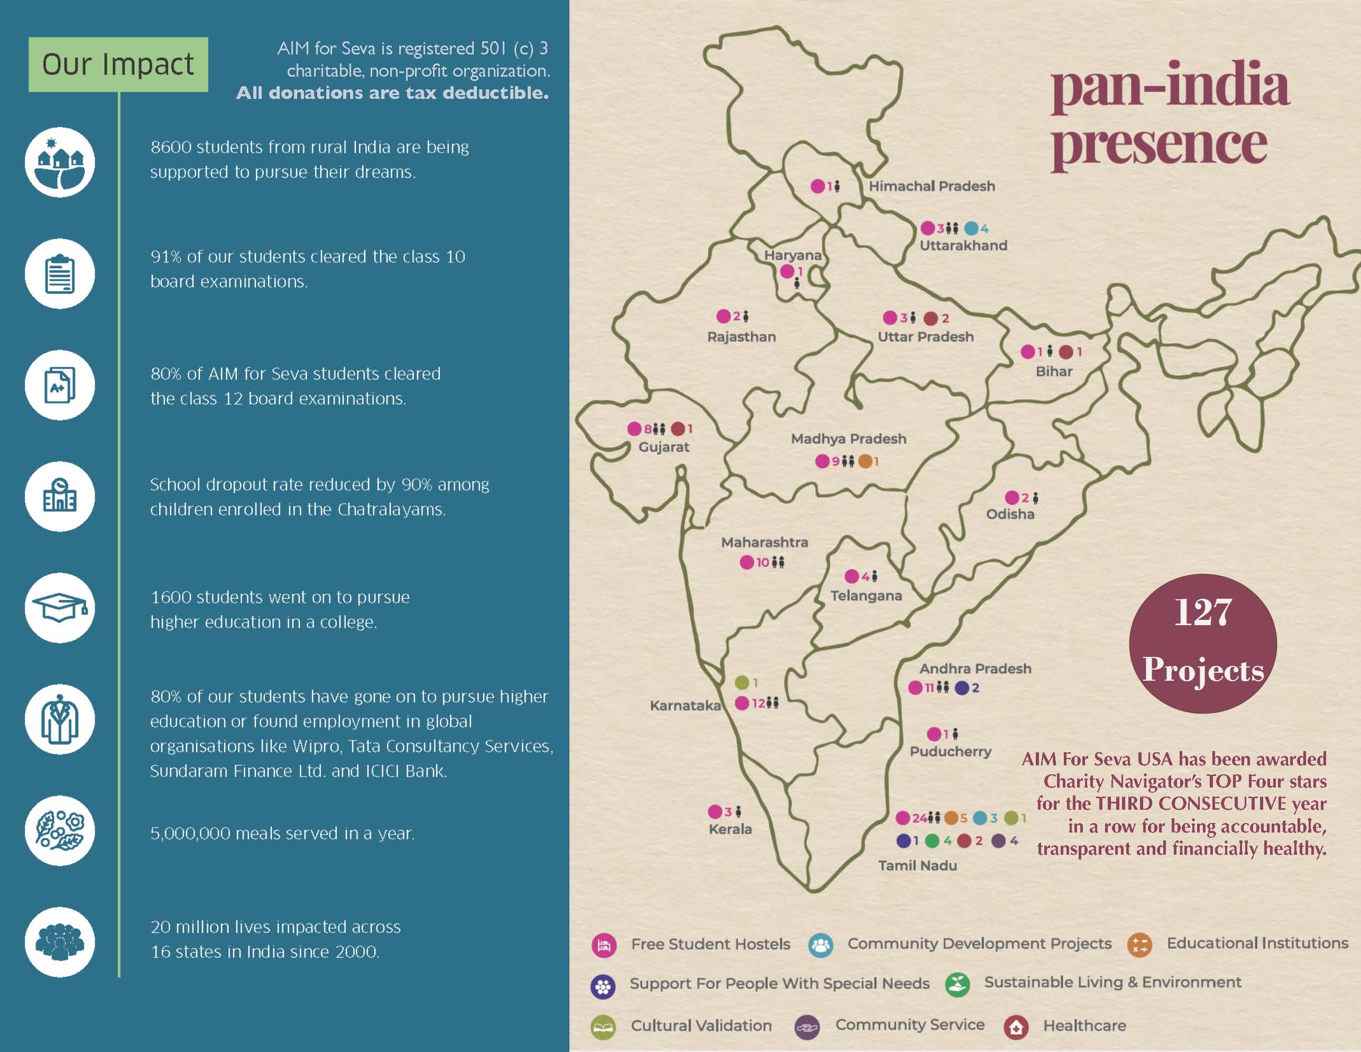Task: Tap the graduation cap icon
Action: pyautogui.click(x=60, y=608)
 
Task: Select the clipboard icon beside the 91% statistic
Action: pyautogui.click(x=60, y=273)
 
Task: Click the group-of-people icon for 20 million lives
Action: pyautogui.click(x=60, y=941)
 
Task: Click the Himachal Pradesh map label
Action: pyautogui.click(x=932, y=186)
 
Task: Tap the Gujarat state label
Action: pyautogui.click(x=664, y=447)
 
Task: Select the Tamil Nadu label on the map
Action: pyautogui.click(x=917, y=865)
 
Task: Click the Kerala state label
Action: pyautogui.click(x=730, y=829)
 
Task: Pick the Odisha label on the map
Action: pyautogui.click(x=1009, y=514)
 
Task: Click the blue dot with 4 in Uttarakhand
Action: pyautogui.click(x=971, y=228)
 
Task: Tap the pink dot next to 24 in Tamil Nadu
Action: pyautogui.click(x=903, y=818)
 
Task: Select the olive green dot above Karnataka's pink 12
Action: pyautogui.click(x=741, y=682)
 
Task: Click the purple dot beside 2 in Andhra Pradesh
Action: pyautogui.click(x=962, y=688)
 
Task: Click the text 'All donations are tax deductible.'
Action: pyautogui.click(x=392, y=94)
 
